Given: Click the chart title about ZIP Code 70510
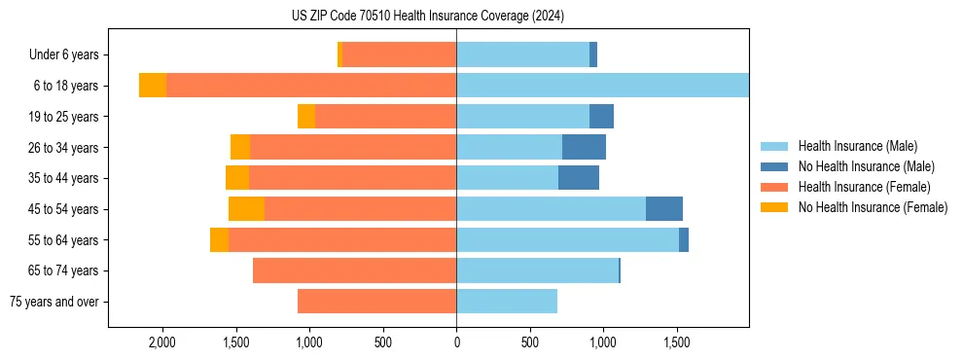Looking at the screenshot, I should (427, 17).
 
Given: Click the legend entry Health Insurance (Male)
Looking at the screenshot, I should (857, 146).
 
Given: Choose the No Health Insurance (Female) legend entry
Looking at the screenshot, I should (873, 207).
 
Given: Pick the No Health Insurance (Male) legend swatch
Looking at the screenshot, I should (775, 166).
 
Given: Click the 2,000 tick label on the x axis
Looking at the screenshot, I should (161, 342).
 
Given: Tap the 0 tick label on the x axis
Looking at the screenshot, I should (456, 342).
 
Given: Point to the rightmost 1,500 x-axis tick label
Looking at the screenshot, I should (677, 342).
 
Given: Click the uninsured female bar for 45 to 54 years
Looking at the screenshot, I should (246, 209).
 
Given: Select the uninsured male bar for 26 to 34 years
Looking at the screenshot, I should (584, 148).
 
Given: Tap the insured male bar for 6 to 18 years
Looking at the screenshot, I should (602, 86).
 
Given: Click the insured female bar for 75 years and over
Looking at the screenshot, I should (376, 302).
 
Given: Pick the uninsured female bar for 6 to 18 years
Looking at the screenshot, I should (153, 86).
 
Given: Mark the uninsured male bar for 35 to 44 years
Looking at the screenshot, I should (579, 178).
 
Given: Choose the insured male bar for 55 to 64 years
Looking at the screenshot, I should (567, 240).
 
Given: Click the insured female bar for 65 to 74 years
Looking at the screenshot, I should (354, 270).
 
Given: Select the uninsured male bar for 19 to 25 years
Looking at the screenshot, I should (601, 117).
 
